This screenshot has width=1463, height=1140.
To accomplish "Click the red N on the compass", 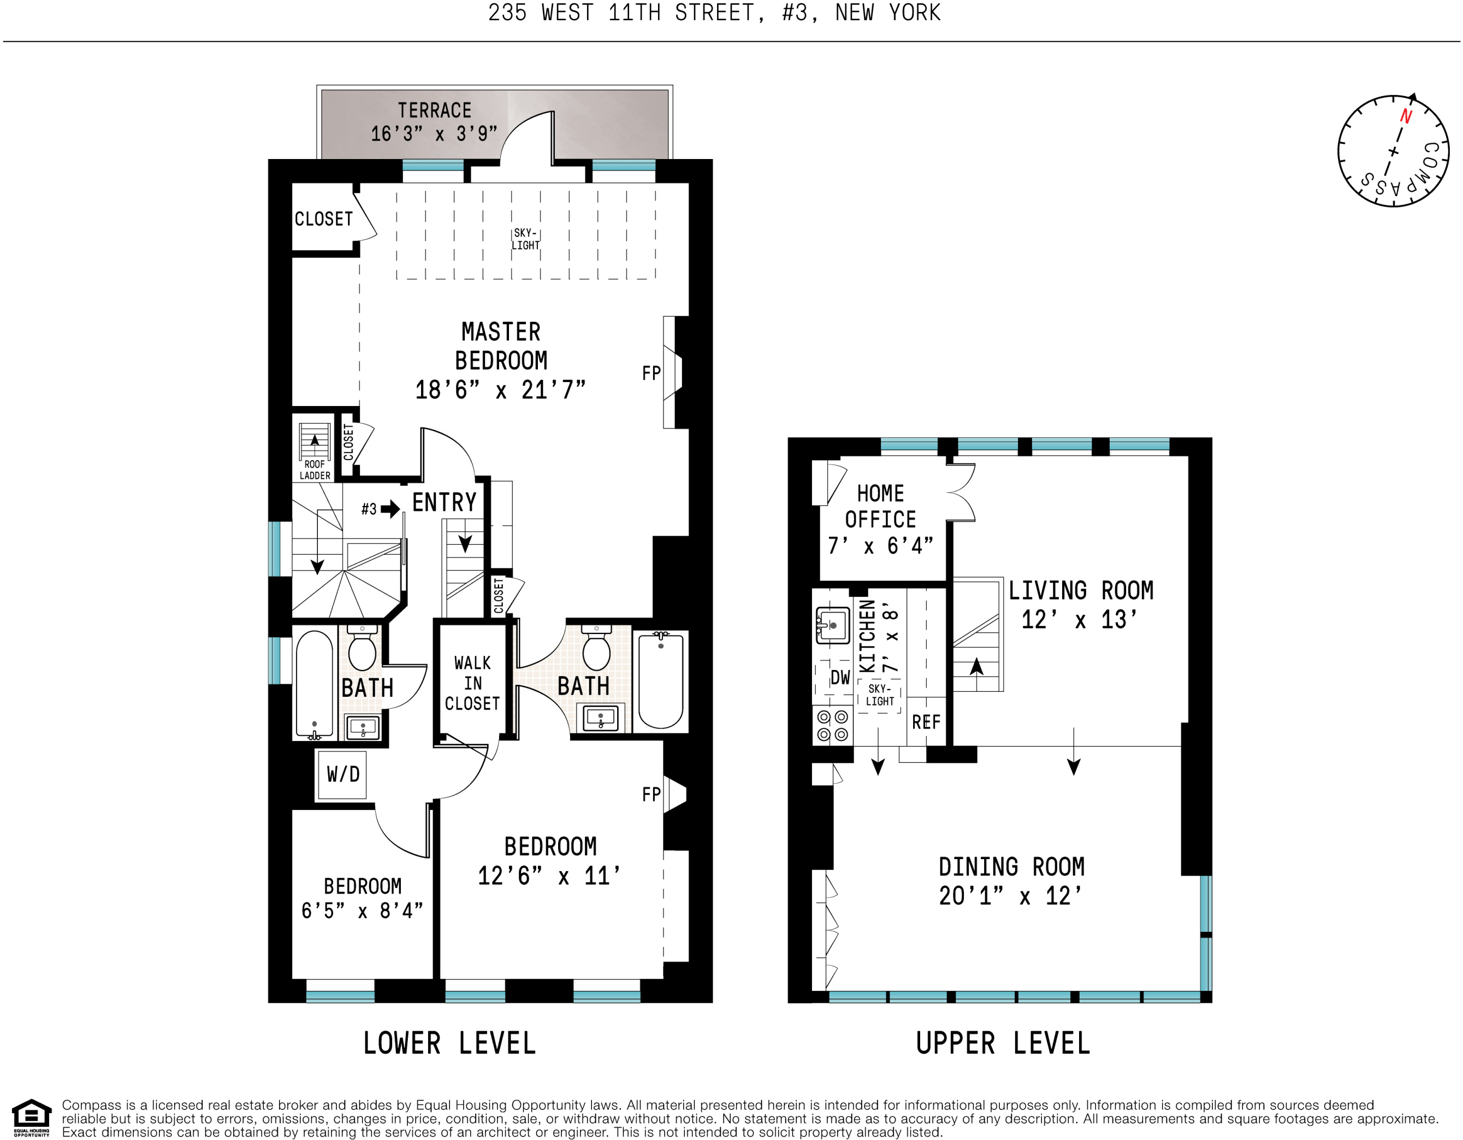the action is point(1406,116).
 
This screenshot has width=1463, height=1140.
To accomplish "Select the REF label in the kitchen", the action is point(926,722).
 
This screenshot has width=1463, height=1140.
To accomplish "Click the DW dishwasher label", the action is point(840,678).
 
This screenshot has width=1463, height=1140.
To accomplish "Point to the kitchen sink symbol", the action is point(833,626).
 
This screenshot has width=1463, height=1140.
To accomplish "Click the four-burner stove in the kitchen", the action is point(832,726).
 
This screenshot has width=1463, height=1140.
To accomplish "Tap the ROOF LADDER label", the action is point(315,470).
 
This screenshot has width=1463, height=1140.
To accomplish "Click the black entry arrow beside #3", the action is point(390,509).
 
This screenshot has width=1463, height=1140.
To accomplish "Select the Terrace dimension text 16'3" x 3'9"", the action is point(434,134).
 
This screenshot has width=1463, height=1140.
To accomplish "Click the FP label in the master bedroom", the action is point(651,373).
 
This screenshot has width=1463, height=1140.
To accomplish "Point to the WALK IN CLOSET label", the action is point(472,683).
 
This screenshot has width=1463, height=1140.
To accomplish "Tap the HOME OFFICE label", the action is point(880,507).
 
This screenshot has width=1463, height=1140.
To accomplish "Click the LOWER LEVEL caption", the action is point(449,1043).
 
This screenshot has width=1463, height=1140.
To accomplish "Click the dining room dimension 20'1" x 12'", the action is point(1011,896).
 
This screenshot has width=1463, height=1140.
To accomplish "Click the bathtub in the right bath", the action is point(660,681).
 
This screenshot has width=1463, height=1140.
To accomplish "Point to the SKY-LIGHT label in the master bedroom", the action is point(525,239).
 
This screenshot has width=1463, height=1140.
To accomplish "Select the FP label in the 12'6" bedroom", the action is point(651,795).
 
